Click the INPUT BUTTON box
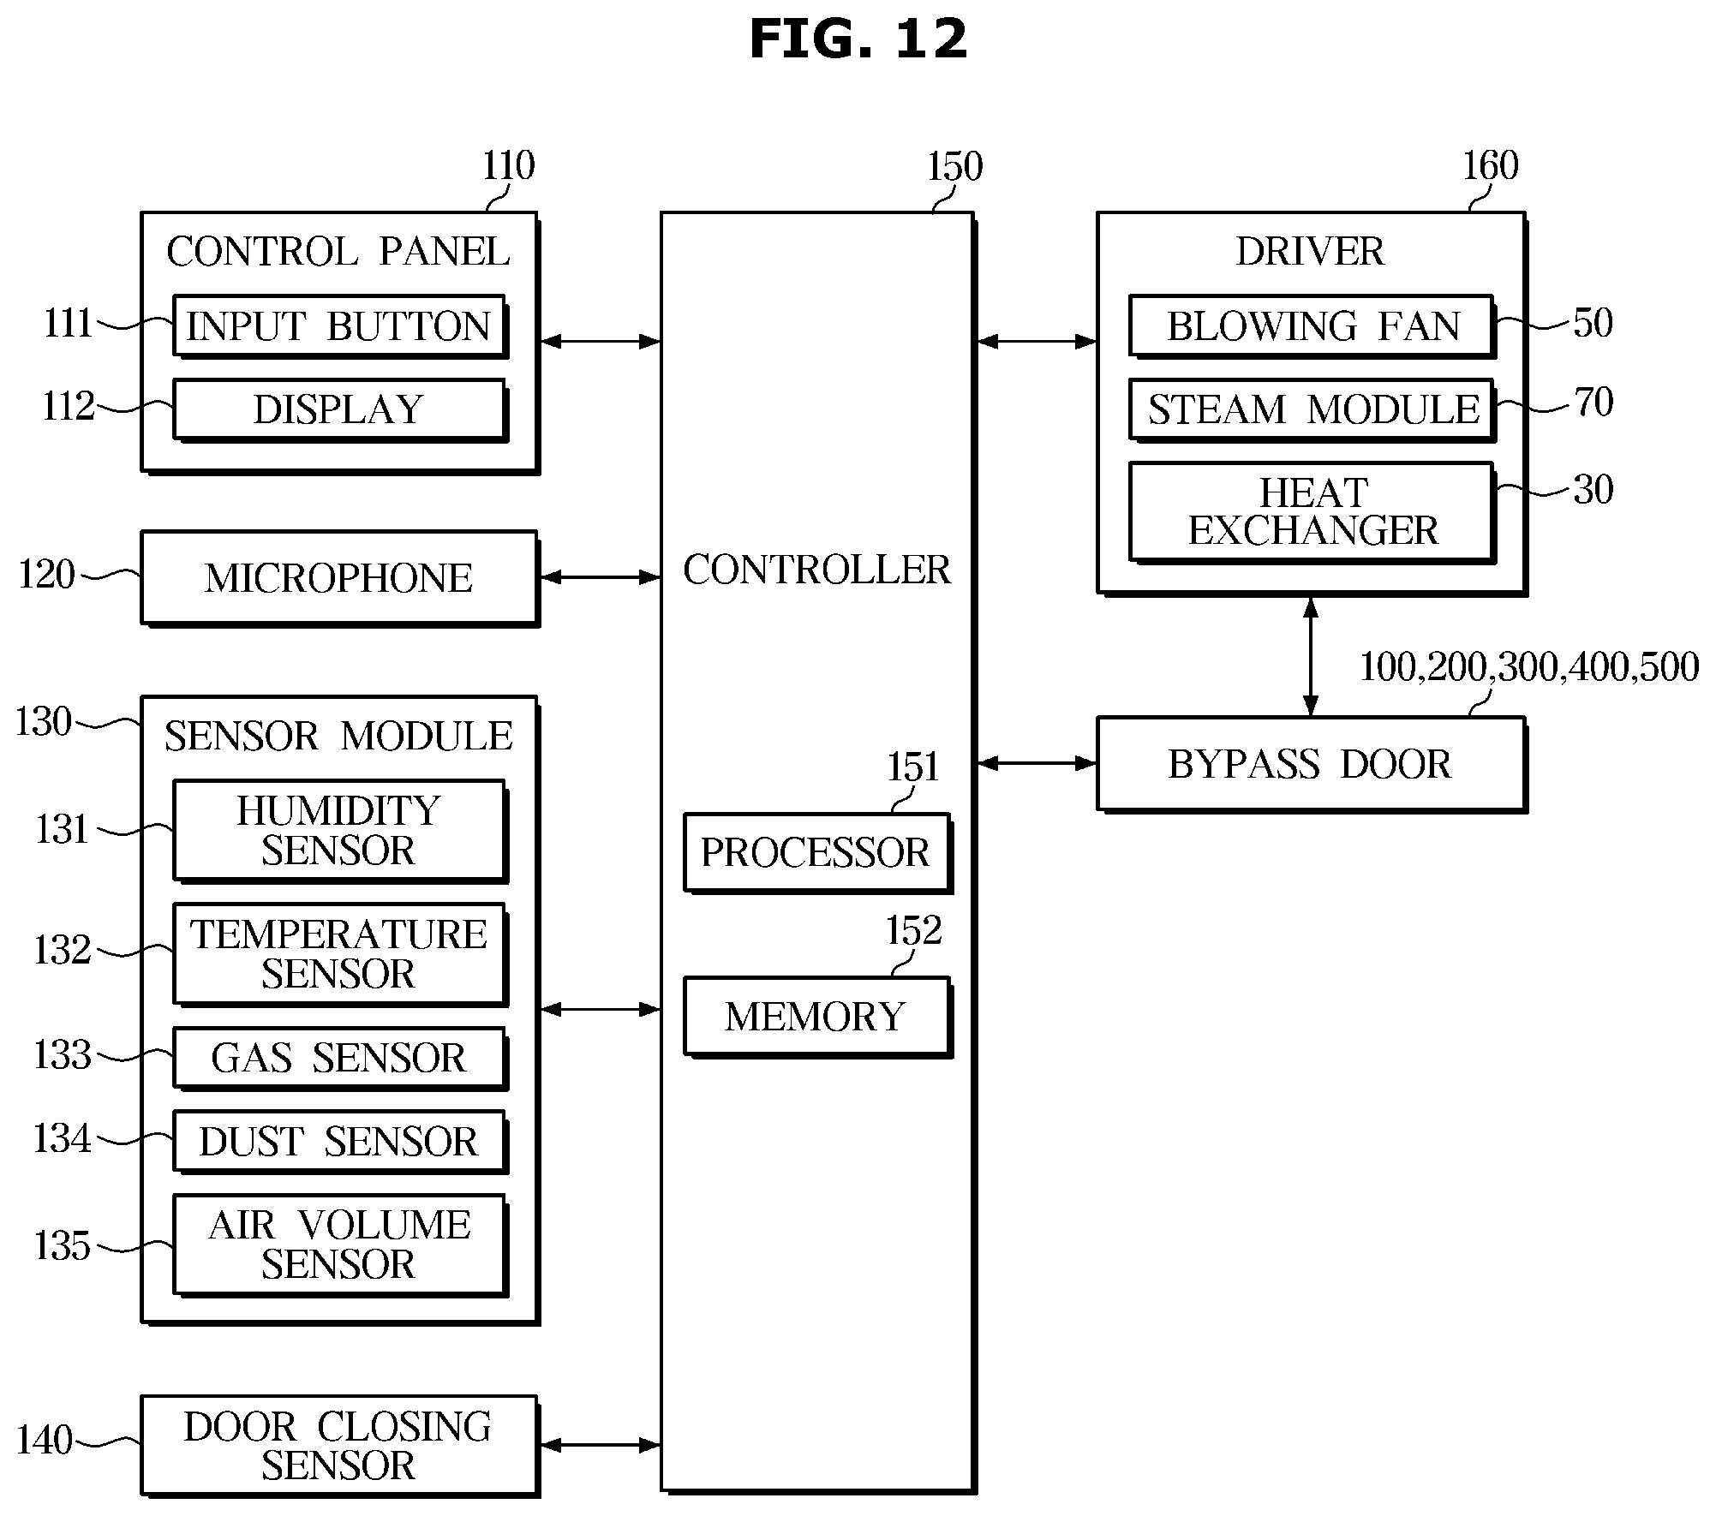click(340, 326)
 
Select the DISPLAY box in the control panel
click(340, 409)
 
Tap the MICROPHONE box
click(340, 578)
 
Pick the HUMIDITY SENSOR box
click(340, 831)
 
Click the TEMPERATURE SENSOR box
click(340, 954)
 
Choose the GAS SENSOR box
click(340, 1059)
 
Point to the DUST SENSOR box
click(340, 1142)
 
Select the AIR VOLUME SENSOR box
click(340, 1245)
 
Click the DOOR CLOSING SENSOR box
click(340, 1447)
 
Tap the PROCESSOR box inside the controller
click(817, 853)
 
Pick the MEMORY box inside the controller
click(817, 1017)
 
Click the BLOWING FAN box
click(1312, 326)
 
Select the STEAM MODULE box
click(1312, 409)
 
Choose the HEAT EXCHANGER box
click(1312, 512)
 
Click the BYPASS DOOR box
click(1312, 764)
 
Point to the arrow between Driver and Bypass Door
click(1311, 656)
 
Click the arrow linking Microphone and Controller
click(601, 577)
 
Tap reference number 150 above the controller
click(954, 166)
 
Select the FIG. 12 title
click(858, 39)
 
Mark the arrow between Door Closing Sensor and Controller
click(601, 1446)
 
